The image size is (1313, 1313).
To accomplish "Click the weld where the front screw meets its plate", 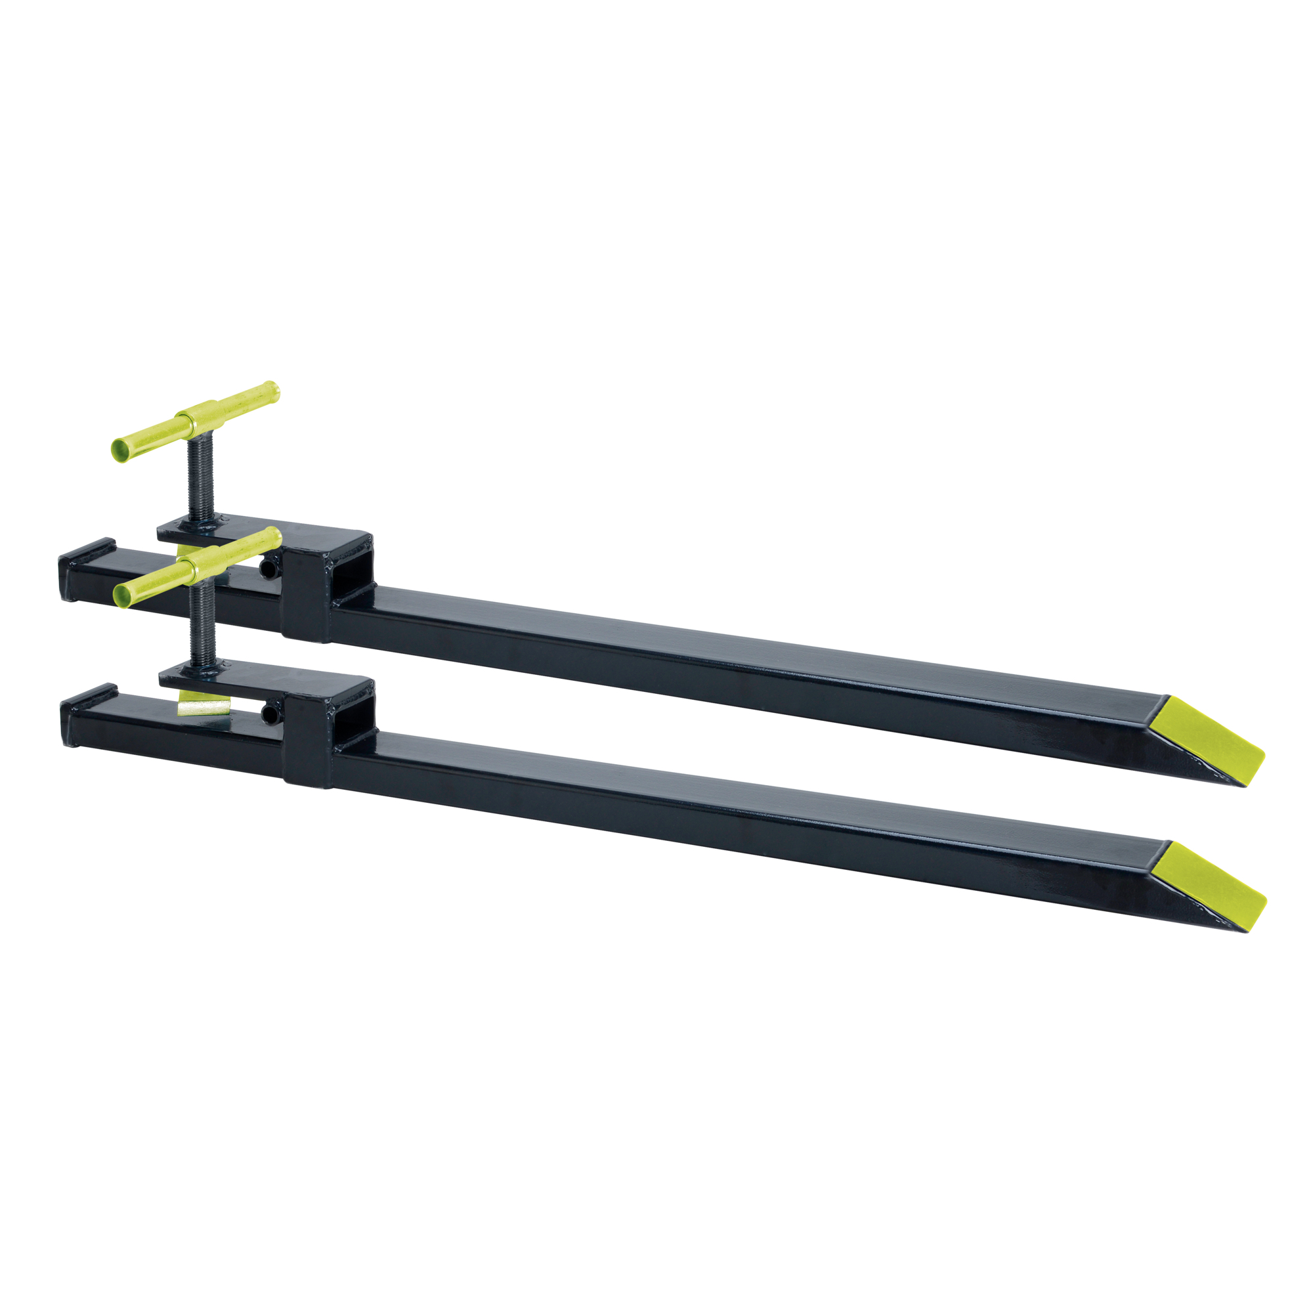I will pyautogui.click(x=204, y=669).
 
